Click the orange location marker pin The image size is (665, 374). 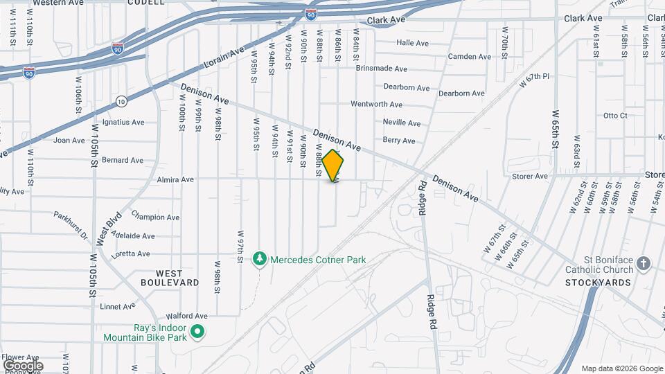(333, 166)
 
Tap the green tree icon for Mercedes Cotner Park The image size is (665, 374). (260, 259)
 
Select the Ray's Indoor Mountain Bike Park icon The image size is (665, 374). (197, 332)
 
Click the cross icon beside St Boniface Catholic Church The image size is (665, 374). (644, 264)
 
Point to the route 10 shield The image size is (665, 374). (121, 101)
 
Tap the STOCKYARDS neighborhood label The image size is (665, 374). (598, 283)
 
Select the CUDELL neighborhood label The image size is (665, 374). (146, 3)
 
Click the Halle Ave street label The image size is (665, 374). (412, 43)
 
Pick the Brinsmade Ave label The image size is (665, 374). (381, 69)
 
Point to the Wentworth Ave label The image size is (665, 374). (376, 105)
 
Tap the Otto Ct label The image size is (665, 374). (615, 116)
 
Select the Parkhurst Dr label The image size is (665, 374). (72, 225)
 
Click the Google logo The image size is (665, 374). (23, 365)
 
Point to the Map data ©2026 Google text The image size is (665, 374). (621, 368)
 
